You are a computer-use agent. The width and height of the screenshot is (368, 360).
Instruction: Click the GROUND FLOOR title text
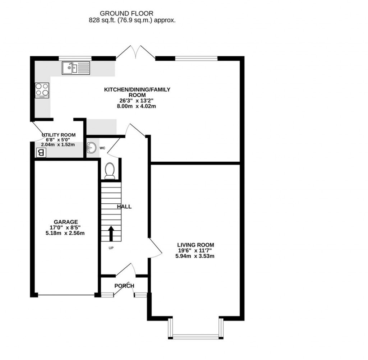coord(132,14)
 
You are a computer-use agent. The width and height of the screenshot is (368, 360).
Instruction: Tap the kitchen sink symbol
coord(75,68)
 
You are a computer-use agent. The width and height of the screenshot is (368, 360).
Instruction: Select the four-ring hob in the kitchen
coord(42,90)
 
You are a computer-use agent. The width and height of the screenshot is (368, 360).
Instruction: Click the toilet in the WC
coord(109,171)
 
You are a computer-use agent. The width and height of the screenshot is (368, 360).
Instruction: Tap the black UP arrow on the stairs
coord(111,234)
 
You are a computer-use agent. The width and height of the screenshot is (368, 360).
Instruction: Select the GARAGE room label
coord(66,222)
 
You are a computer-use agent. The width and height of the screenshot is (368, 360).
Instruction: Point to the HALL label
coord(124,207)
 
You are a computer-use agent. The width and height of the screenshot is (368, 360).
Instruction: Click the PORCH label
coord(124,286)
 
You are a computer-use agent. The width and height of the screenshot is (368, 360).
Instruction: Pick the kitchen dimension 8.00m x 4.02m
coord(137,106)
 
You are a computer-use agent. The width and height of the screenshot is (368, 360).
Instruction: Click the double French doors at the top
coord(135,52)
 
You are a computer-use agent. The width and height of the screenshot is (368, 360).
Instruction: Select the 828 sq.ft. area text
coord(132,20)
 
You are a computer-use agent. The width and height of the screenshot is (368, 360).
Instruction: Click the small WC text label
coord(102,148)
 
